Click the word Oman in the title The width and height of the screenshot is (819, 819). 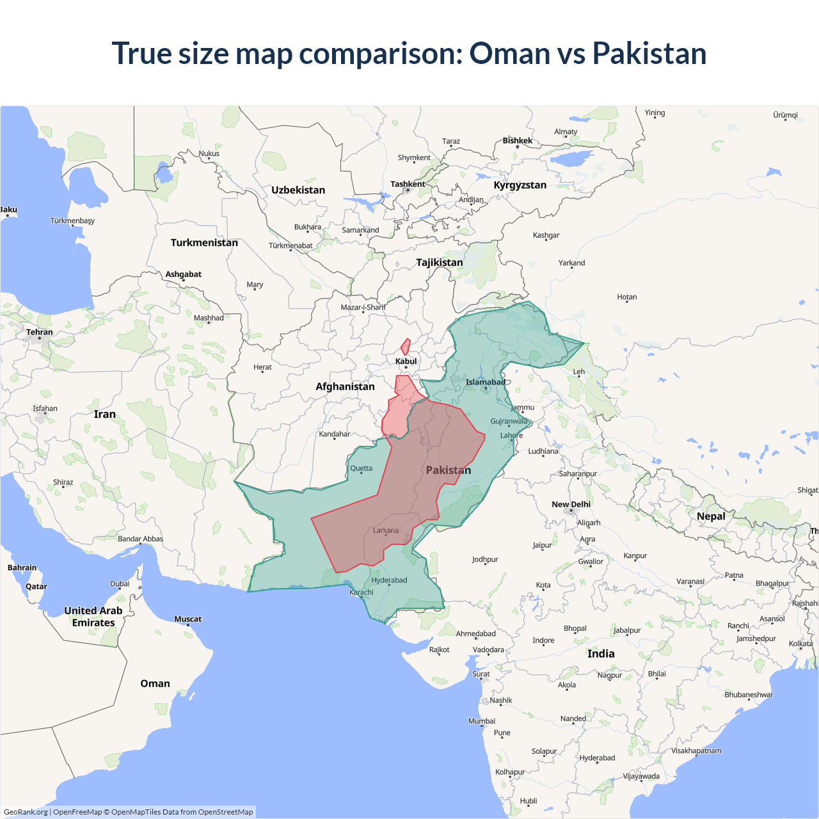tap(509, 53)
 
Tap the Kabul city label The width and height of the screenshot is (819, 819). tap(406, 362)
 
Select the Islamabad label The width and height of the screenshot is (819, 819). tap(485, 383)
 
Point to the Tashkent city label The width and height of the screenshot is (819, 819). tap(408, 184)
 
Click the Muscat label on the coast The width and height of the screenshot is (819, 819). tap(187, 619)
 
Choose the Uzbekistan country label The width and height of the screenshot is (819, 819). tap(298, 190)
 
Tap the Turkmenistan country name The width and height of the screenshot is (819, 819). tap(204, 243)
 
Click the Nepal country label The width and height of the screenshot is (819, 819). tap(711, 516)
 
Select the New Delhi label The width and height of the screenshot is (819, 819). tap(571, 504)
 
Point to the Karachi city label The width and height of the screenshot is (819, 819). tap(362, 592)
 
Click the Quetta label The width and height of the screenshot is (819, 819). tap(361, 468)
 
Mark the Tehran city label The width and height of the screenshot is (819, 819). tap(40, 332)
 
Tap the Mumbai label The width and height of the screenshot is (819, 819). tap(482, 721)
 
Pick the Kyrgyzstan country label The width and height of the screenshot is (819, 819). tap(520, 185)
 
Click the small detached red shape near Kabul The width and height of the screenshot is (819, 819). tap(405, 347)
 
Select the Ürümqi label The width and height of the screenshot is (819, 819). tap(785, 115)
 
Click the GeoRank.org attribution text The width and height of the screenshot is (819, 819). tap(26, 812)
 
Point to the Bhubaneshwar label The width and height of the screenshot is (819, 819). tap(749, 695)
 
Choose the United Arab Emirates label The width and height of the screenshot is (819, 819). tap(93, 617)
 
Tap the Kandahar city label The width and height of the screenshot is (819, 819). tap(335, 434)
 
